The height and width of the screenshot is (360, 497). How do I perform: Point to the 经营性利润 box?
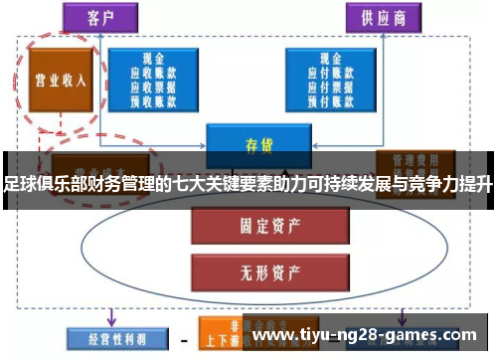(105, 338)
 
